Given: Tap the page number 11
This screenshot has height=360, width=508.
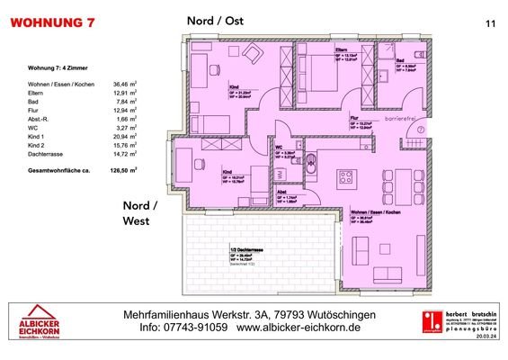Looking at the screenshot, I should coord(489,23).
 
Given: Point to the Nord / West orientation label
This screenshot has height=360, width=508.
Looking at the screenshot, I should coord(140,213).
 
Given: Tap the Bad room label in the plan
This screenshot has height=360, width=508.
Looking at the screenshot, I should coord(399,60).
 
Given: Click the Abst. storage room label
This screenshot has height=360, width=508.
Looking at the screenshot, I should coord(281,191).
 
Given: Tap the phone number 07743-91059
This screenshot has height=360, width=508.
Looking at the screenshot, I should coord(192,329).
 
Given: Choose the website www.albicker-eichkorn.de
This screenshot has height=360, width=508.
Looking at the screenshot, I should coord(302,329).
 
